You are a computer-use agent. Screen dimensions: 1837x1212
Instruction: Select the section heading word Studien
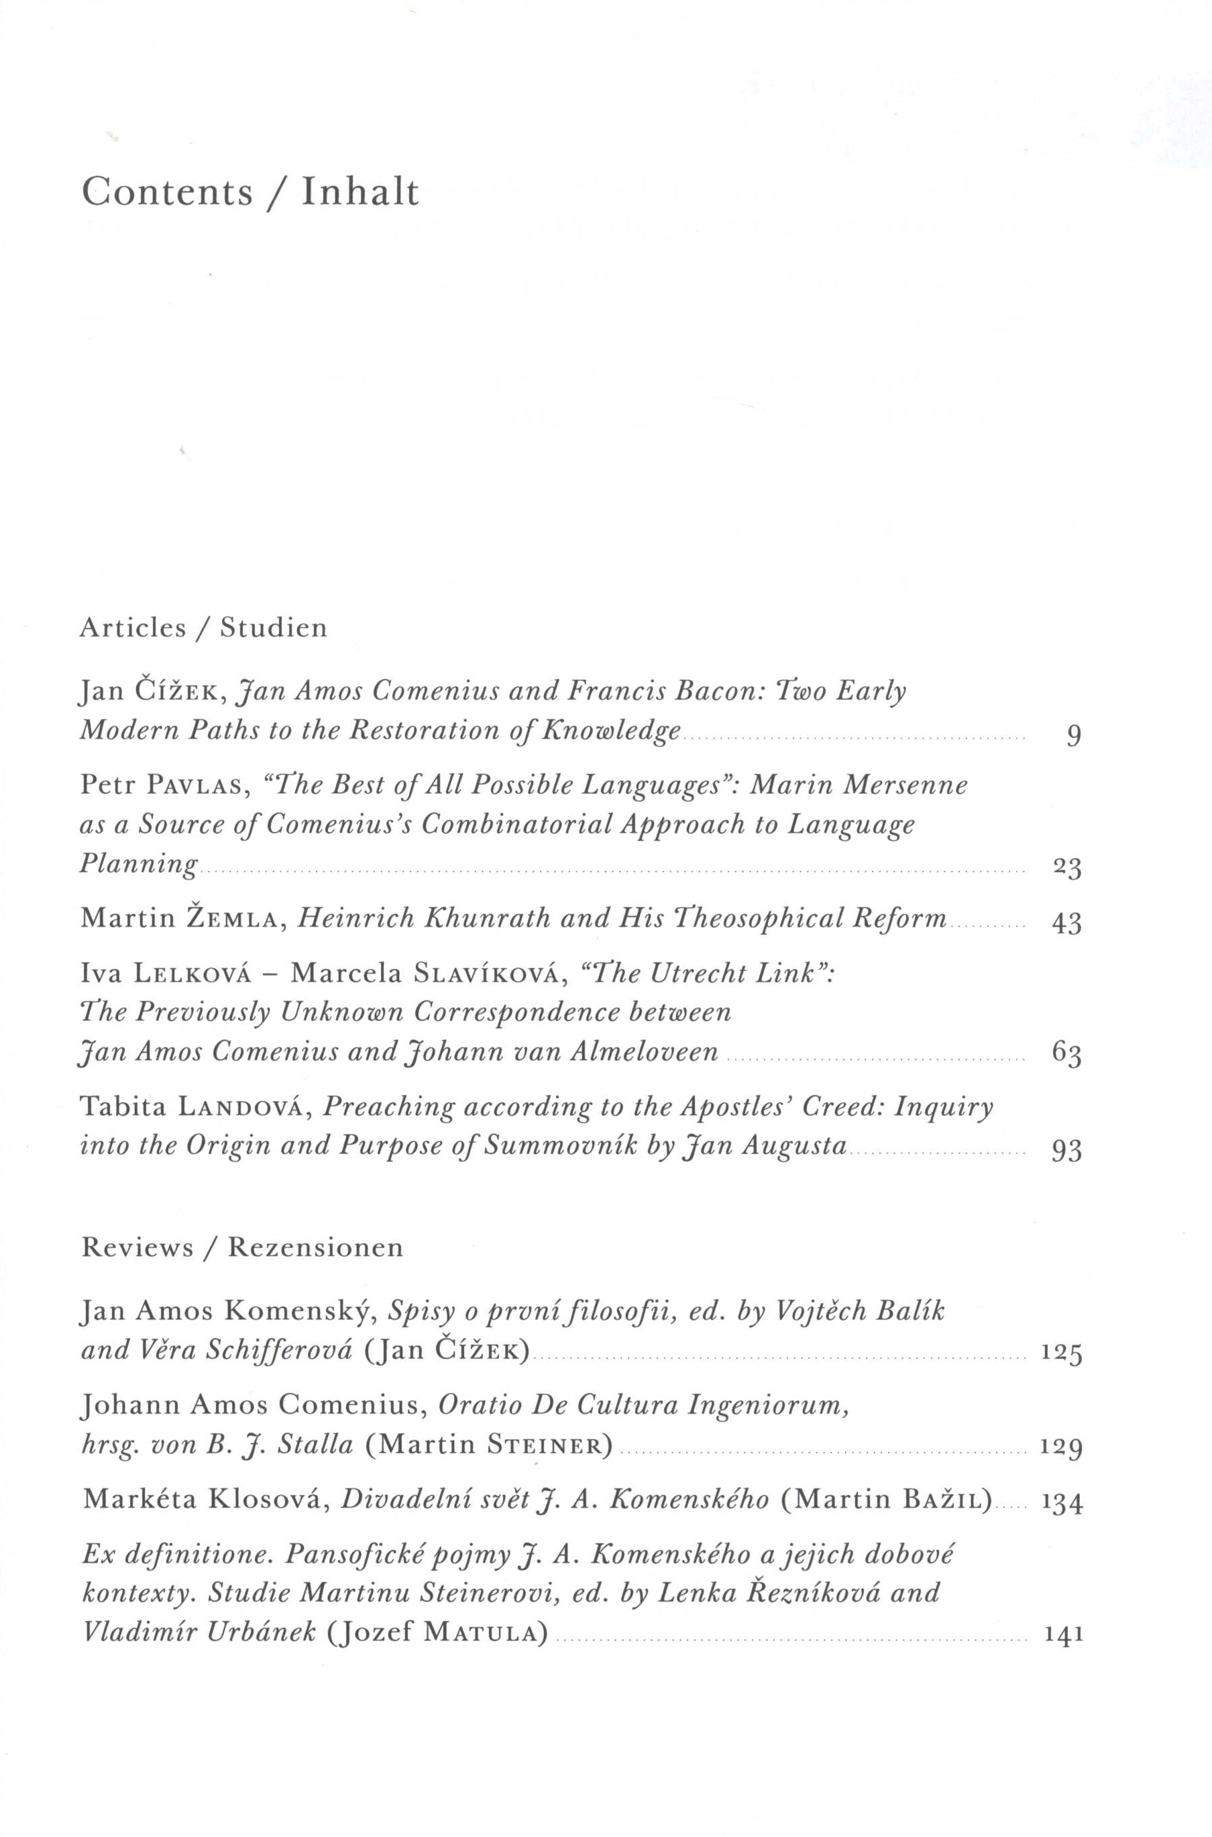point(274,627)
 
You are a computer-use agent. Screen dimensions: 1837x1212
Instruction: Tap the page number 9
point(1073,736)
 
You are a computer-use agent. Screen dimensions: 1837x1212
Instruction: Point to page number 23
point(1066,868)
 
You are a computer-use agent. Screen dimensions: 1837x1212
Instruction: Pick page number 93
point(1066,1151)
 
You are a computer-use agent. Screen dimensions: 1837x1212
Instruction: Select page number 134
point(1061,1502)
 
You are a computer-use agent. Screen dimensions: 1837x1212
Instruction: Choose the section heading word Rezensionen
point(315,1249)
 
